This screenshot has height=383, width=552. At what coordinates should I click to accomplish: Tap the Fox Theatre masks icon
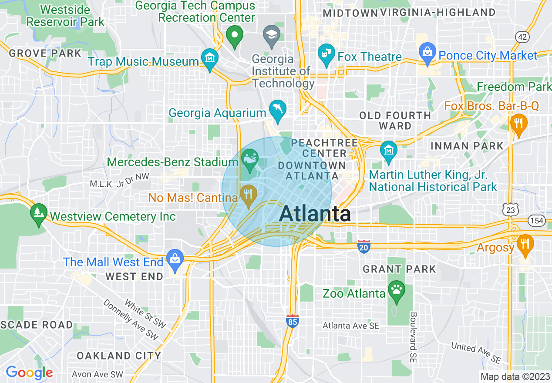(326, 54)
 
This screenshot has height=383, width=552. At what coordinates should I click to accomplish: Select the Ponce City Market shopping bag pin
(427, 53)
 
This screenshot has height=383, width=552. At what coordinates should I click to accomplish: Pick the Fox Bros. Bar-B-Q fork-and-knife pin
(518, 124)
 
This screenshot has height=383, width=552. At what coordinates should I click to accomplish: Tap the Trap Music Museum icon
(210, 59)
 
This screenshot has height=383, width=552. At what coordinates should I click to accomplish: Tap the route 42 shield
(522, 37)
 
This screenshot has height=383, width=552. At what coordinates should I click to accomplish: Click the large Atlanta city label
(315, 214)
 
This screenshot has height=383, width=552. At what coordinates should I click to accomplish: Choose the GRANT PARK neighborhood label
(399, 269)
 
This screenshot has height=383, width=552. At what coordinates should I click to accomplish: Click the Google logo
(29, 373)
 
